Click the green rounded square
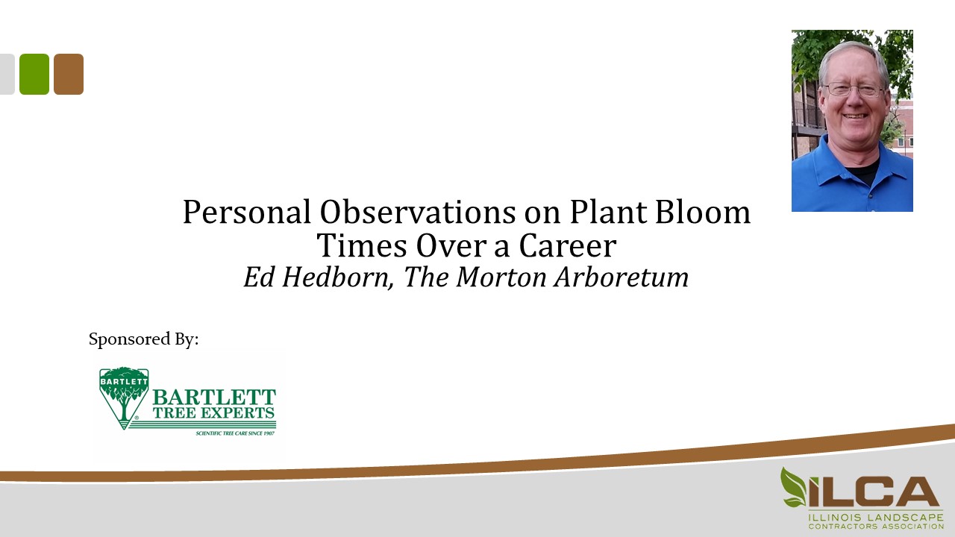(x=34, y=74)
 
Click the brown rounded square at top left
(x=69, y=74)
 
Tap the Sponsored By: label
(x=144, y=339)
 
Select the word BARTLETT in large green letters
(x=214, y=397)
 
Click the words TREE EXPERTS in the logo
(x=214, y=412)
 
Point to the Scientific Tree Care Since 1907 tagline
(x=235, y=433)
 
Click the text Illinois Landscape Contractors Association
(x=875, y=521)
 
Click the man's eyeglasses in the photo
(x=854, y=90)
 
